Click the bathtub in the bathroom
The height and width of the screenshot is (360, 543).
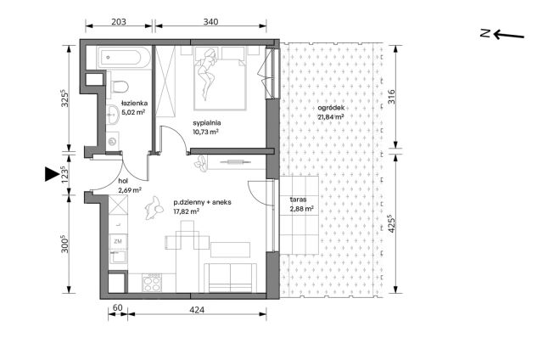125,58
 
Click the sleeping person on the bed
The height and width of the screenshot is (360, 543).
207,74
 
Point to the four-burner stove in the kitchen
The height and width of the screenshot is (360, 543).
152,283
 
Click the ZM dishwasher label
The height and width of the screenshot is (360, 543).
118,241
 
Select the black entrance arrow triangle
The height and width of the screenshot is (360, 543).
52,173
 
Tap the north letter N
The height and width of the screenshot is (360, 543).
484,33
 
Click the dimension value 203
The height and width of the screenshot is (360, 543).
119,21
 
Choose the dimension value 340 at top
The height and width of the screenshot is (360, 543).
210,21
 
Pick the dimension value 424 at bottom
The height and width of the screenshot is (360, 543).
197,309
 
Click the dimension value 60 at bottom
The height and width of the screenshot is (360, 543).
118,307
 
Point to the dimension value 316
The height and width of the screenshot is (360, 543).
391,97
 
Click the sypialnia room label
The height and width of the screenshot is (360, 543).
207,122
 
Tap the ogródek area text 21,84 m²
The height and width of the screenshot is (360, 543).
330,117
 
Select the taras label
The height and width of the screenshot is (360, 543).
298,200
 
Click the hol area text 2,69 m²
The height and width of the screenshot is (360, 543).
130,190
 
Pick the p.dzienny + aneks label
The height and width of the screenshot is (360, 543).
202,202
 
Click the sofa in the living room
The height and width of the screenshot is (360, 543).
230,278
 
